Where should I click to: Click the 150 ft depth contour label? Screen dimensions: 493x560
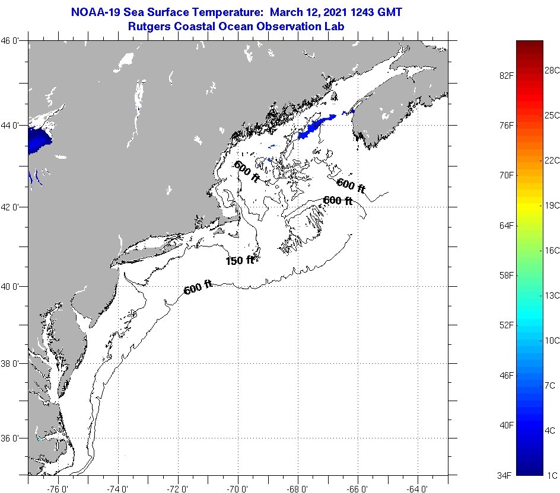coord(240,260)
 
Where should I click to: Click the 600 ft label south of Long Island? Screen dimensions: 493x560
coord(198,289)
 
